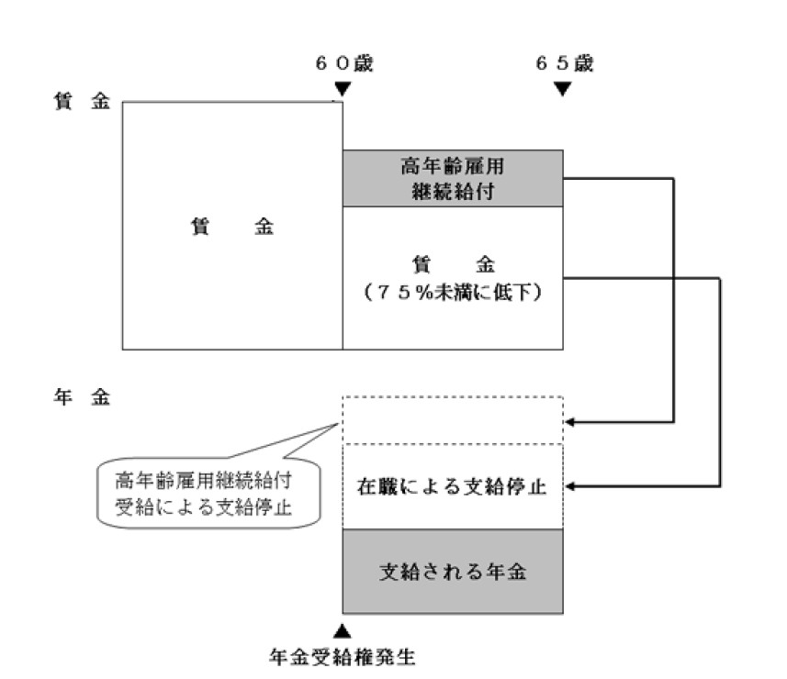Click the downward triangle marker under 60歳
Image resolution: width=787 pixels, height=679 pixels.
pyautogui.click(x=343, y=89)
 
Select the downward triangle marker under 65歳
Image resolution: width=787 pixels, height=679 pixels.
pyautogui.click(x=563, y=89)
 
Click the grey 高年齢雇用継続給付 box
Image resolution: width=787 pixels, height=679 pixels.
pyautogui.click(x=453, y=178)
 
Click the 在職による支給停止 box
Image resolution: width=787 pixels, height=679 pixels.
pyautogui.click(x=453, y=486)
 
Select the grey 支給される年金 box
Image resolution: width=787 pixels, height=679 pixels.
pyautogui.click(x=453, y=572)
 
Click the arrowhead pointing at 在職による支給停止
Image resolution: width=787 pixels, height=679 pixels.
pyautogui.click(x=570, y=486)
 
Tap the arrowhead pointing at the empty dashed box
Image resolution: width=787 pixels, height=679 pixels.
pyautogui.click(x=570, y=422)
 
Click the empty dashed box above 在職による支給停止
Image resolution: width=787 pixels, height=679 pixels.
pyautogui.click(x=453, y=420)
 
